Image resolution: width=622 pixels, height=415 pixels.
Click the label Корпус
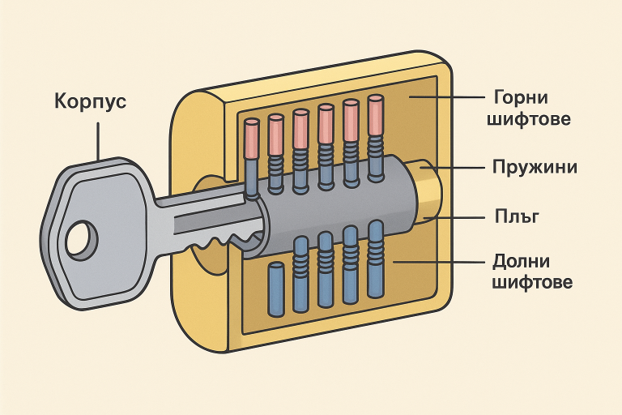pos(90,101)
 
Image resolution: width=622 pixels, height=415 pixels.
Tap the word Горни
pos(521,98)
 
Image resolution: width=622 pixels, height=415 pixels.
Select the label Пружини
pos(535,167)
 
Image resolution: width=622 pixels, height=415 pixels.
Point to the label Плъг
pos(517,216)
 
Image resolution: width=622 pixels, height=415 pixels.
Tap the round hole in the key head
pos(82,240)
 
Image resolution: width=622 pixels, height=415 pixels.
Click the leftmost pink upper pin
pos(251,139)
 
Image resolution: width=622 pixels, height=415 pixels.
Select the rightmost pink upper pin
pos(376,116)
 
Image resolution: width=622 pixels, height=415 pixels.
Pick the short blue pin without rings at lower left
pos(276,289)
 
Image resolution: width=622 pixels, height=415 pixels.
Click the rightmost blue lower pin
pos(375,259)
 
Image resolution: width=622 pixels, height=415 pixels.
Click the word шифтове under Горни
pos(529,118)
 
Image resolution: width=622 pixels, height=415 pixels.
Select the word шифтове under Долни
pos(532,282)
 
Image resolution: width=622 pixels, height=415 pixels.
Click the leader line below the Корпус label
pos(97,141)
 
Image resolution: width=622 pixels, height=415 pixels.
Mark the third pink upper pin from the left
pos(300,130)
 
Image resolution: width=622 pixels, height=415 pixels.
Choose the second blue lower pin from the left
pos(300,274)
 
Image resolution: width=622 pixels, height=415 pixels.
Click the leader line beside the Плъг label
pos(454,218)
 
